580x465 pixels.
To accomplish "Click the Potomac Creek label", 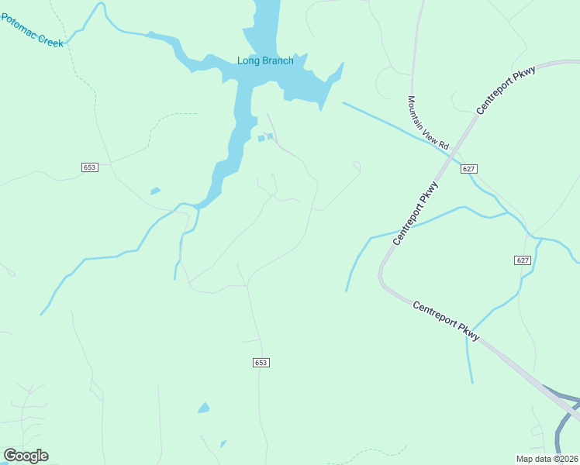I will point(32,31).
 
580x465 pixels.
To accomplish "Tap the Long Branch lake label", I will point(265,60).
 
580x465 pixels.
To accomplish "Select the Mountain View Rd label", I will point(429,122).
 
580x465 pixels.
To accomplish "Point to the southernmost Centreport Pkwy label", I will point(447,320).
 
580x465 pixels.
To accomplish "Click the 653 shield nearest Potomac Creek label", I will point(90,167).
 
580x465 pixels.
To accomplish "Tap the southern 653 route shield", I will point(261,363).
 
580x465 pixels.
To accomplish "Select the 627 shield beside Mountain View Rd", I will point(468,169).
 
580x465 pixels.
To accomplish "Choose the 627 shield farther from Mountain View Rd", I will point(523,260).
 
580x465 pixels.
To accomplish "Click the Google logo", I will point(26,456).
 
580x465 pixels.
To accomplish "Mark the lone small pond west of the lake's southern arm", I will point(155,191).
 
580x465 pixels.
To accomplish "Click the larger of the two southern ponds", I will point(204,408).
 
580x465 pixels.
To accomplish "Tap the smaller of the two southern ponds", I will point(223,444).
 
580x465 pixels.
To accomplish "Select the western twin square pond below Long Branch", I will point(261,139).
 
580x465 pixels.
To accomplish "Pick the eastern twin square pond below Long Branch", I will point(270,137).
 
